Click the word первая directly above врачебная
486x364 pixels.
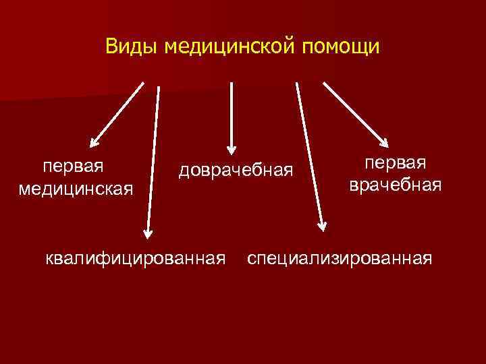396,163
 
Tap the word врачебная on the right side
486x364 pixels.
396,185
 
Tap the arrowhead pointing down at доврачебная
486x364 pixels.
232,148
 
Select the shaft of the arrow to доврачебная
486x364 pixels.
232,111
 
